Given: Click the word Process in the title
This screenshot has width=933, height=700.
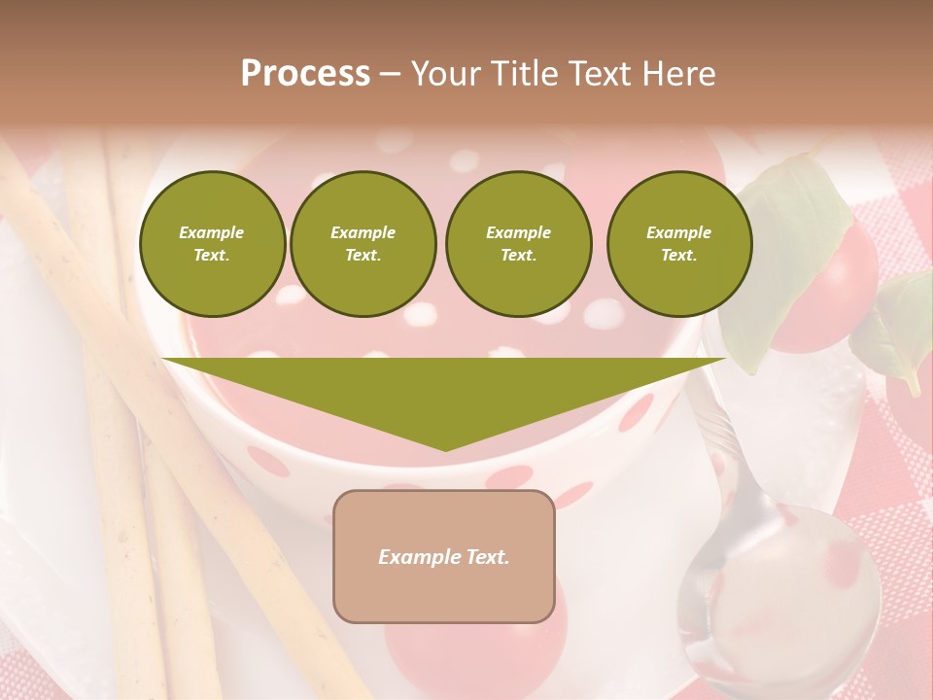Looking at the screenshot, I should click(305, 74).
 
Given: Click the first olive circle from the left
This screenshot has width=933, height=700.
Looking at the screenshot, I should click(212, 244).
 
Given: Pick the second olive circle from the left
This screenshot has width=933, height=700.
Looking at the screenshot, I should click(363, 244).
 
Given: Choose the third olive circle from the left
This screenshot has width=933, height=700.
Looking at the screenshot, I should click(518, 244).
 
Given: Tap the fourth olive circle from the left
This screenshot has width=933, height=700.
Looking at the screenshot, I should click(679, 244).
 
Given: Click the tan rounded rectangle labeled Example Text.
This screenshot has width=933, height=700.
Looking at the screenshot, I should click(444, 556).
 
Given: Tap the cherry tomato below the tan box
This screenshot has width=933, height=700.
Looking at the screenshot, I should click(476, 647).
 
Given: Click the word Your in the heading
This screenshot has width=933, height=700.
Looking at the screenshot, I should click(444, 74).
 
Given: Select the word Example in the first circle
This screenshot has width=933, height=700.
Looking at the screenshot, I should click(212, 232).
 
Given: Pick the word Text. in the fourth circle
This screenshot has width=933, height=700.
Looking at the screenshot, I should click(679, 256).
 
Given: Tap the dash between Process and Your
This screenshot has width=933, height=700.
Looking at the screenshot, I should click(391, 74).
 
